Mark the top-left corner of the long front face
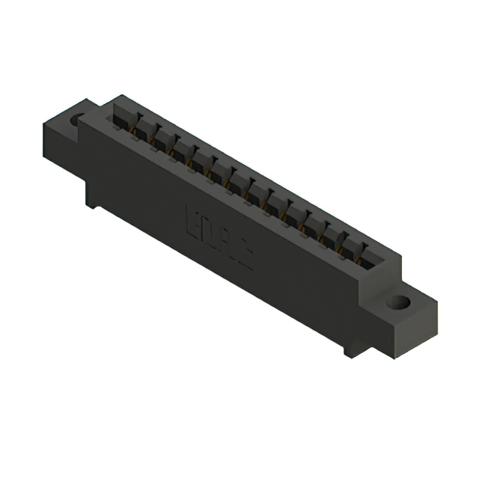81,120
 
